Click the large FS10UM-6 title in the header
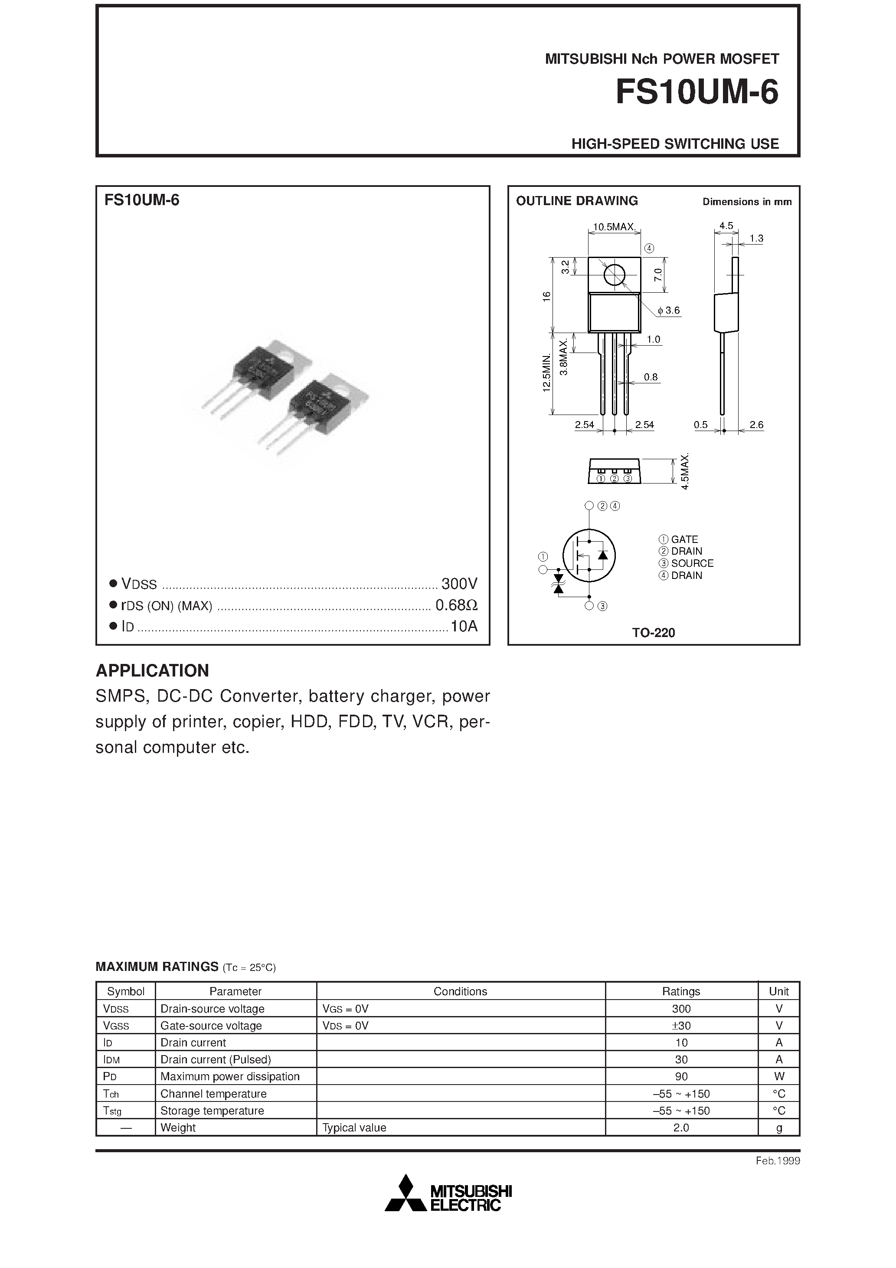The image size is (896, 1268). click(x=697, y=92)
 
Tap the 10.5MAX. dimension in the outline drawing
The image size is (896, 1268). click(x=614, y=226)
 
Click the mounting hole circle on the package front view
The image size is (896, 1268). click(x=614, y=275)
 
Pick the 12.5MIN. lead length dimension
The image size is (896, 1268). click(x=546, y=373)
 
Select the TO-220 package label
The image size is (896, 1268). click(x=654, y=633)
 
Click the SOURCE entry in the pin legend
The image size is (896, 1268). click(x=692, y=563)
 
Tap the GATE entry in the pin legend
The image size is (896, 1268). click(x=684, y=539)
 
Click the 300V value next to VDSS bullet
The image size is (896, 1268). click(x=459, y=584)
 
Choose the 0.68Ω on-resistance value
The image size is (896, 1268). click(x=456, y=605)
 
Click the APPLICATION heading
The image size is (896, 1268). click(x=153, y=670)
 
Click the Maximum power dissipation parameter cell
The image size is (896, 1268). click(x=230, y=1076)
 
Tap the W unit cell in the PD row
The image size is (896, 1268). click(x=779, y=1076)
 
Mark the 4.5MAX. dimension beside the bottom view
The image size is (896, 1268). click(x=685, y=471)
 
